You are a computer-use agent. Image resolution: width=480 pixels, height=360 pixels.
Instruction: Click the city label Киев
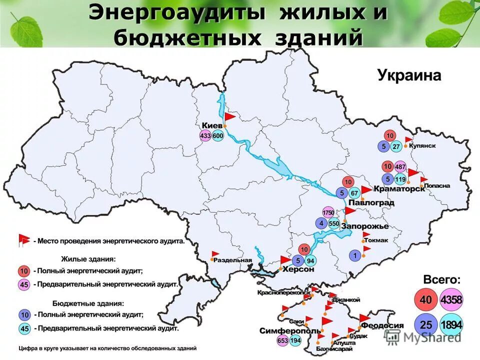[212, 125]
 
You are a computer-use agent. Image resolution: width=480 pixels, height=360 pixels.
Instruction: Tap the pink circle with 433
[205, 135]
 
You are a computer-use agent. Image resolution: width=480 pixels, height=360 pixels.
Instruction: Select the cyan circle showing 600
[217, 135]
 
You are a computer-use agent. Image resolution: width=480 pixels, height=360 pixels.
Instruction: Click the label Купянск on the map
[422, 145]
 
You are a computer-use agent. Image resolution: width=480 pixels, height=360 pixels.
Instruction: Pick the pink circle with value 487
[400, 166]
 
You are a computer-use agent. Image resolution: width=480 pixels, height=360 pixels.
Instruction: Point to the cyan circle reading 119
[400, 179]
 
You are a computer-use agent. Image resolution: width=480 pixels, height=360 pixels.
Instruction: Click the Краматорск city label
[402, 188]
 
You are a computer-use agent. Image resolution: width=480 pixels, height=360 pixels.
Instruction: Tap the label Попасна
[436, 186]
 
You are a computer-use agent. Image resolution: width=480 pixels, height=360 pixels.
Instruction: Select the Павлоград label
[371, 202]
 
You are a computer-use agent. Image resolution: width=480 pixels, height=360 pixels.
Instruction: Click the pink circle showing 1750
[328, 212]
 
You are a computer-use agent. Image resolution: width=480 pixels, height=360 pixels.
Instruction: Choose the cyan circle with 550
[334, 223]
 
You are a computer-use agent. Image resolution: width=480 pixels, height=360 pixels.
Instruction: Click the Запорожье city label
[364, 226]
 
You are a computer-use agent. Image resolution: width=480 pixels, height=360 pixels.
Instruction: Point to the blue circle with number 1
[354, 255]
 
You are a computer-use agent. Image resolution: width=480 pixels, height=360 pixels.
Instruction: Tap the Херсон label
[298, 269]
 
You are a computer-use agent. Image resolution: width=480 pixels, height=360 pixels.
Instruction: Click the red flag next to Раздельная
[215, 254]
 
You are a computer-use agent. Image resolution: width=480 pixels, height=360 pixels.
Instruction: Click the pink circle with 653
[282, 340]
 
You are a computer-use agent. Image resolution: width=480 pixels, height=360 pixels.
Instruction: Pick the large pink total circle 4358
[451, 300]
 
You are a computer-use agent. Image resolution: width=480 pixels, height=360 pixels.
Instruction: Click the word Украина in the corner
[409, 76]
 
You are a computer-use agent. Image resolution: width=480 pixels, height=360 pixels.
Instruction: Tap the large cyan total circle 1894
[451, 324]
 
